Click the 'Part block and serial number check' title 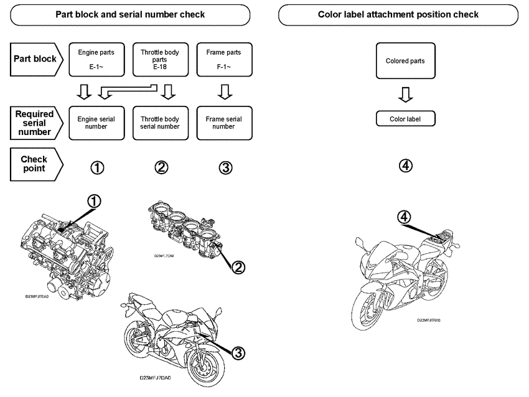[x=130, y=14]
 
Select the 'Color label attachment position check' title [x=398, y=14]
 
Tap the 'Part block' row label [x=36, y=60]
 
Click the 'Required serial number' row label [x=36, y=123]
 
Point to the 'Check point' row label [x=36, y=164]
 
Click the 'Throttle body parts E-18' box [x=160, y=60]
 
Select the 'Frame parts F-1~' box [x=224, y=60]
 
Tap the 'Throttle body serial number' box [x=160, y=123]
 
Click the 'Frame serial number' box [x=224, y=123]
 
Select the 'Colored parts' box [x=405, y=61]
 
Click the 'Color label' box [x=405, y=118]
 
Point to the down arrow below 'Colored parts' [x=405, y=95]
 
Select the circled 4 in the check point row [x=405, y=166]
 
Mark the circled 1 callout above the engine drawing [x=93, y=201]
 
